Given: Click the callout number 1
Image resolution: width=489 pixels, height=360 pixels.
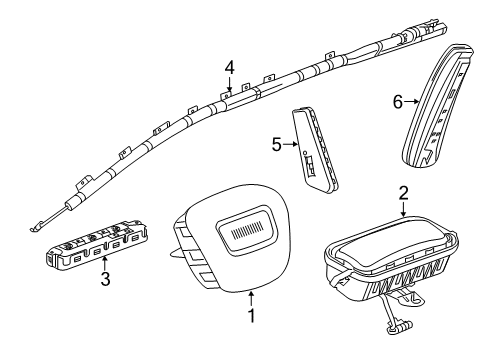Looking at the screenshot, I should click(251, 345).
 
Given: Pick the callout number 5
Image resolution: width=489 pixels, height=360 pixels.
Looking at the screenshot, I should click(276, 144).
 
